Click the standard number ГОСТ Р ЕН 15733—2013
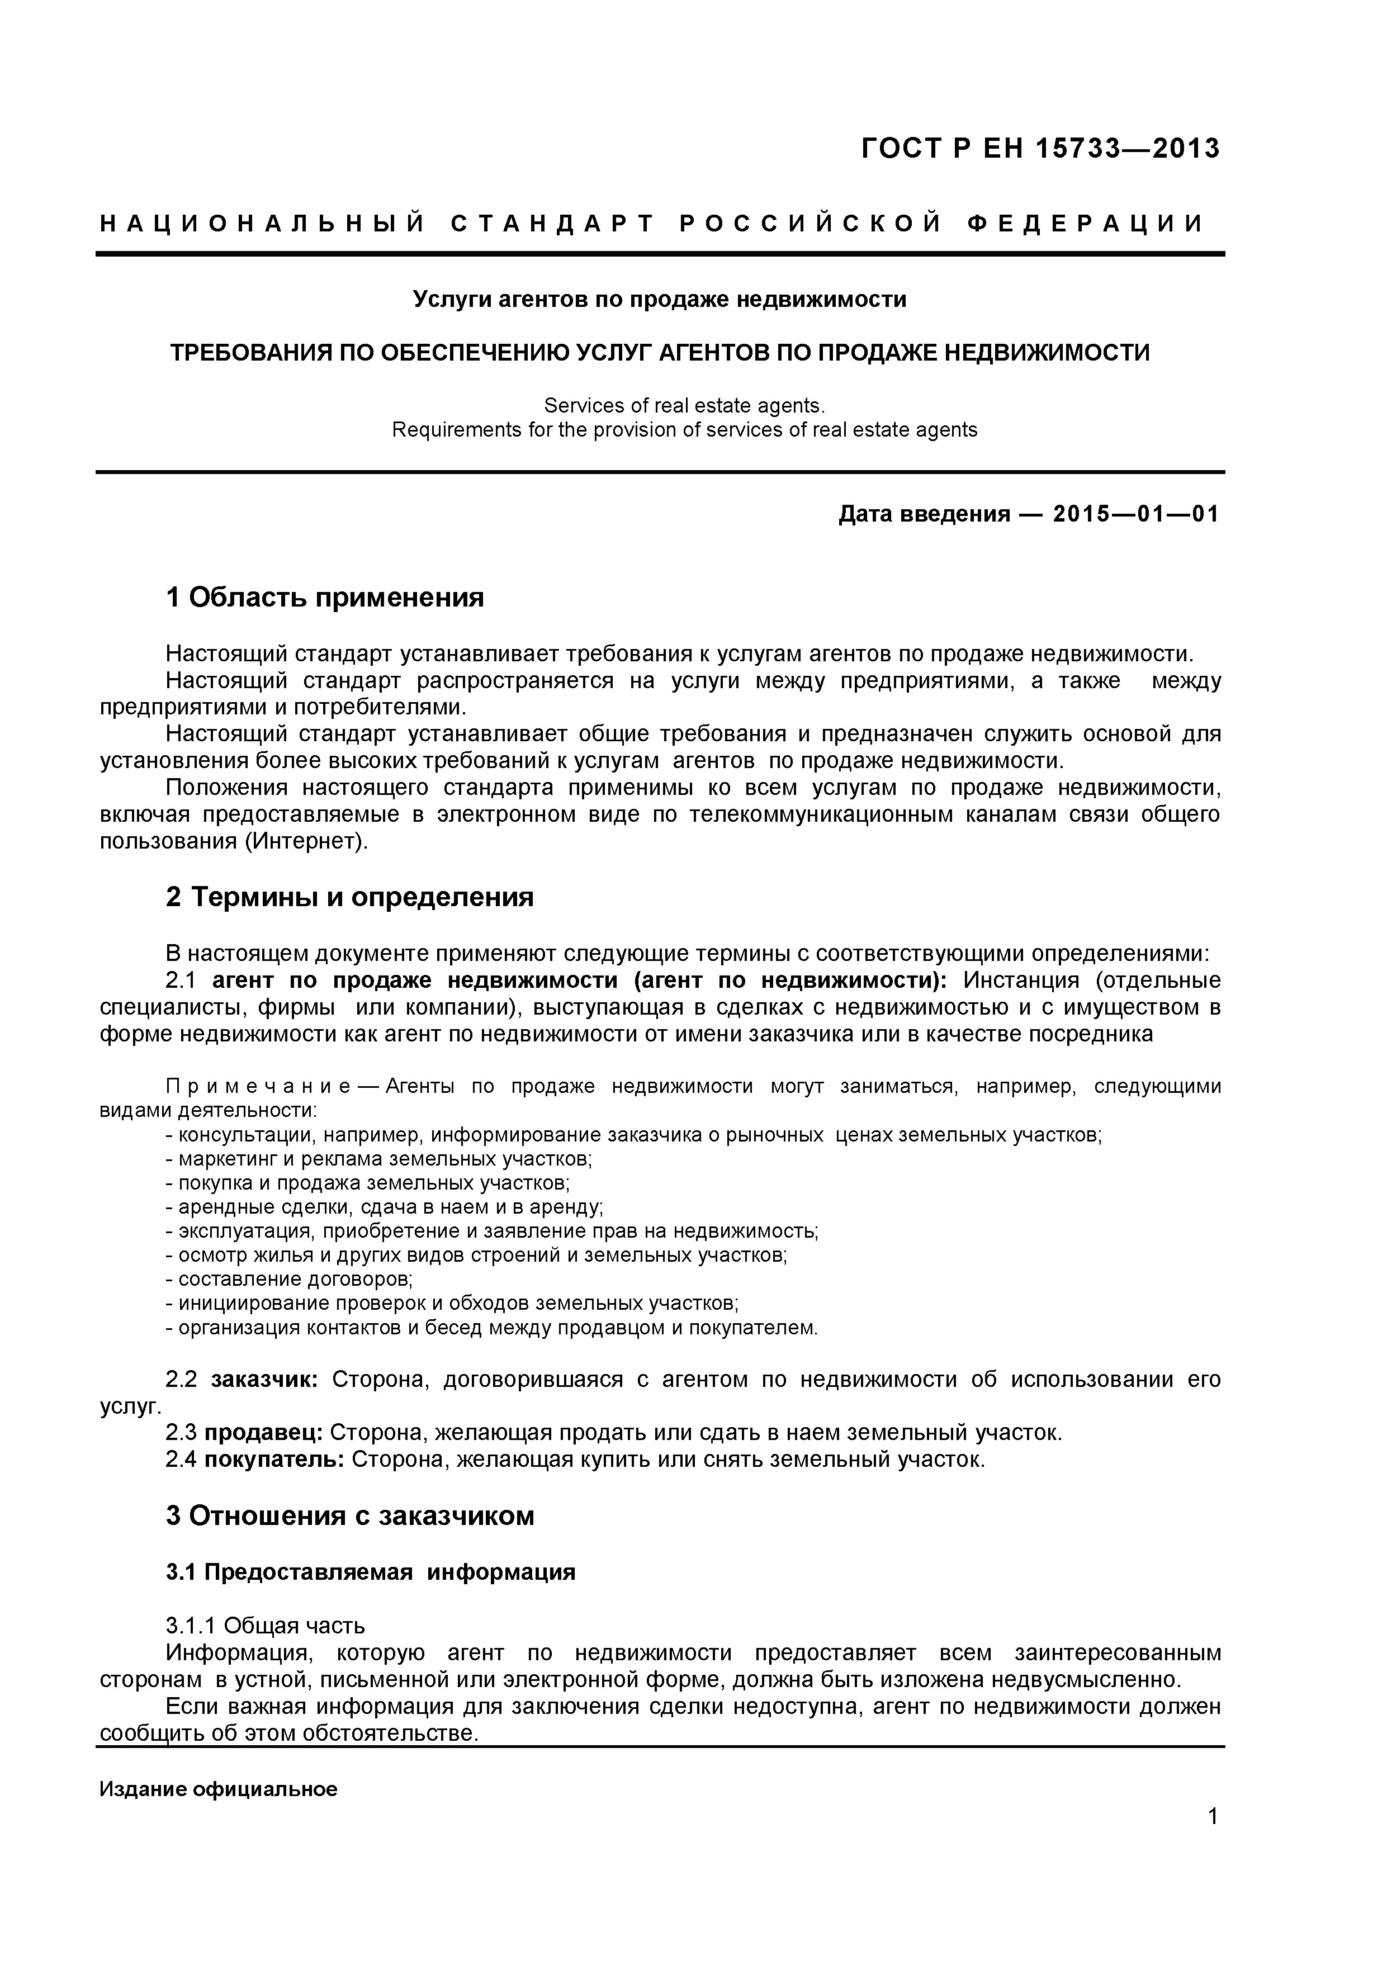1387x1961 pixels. (x=1040, y=149)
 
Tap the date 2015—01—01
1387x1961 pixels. (x=1136, y=514)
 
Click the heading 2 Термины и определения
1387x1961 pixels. (x=349, y=897)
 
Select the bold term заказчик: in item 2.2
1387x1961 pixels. (x=265, y=1380)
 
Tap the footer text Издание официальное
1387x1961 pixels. (x=219, y=1789)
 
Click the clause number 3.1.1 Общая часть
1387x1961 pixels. (x=266, y=1626)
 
